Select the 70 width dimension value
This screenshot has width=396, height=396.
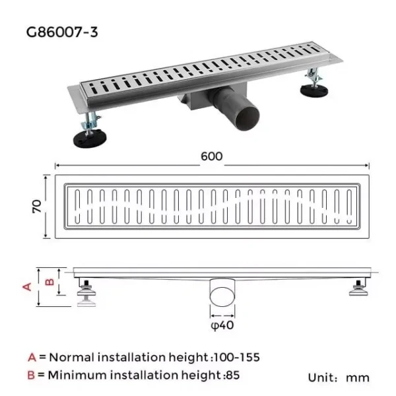(38, 207)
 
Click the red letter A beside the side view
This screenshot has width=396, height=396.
(28, 286)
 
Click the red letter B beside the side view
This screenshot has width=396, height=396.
(48, 282)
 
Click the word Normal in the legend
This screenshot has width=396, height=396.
(71, 357)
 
